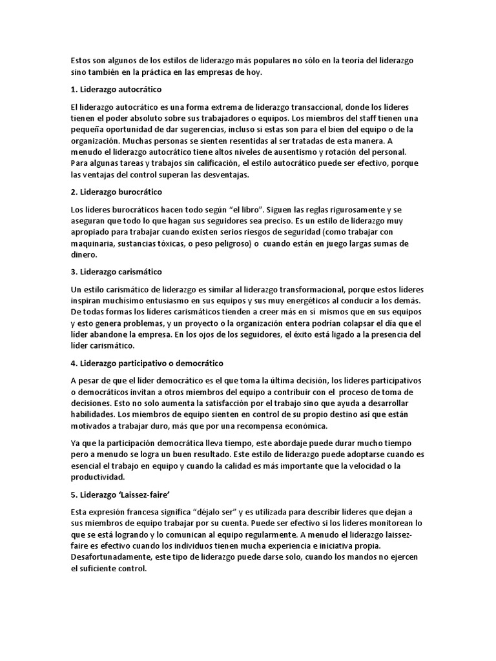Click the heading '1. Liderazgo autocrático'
[x=116, y=88]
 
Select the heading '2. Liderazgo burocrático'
[x=116, y=192]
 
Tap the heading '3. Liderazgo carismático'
[x=116, y=272]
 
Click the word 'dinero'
[x=84, y=255]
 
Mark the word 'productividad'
[x=97, y=478]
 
